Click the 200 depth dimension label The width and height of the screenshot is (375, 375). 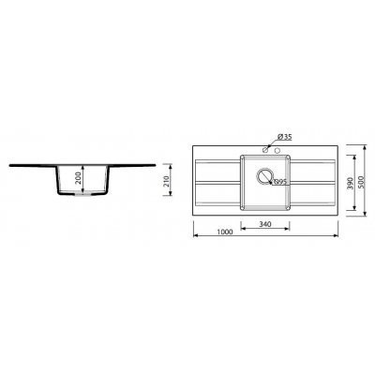tap(79, 178)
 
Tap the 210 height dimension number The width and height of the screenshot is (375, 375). tap(166, 181)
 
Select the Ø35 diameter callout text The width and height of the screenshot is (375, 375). tap(284, 137)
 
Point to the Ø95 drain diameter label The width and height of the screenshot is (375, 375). tap(280, 182)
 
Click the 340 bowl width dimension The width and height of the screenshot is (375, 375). tap(265, 224)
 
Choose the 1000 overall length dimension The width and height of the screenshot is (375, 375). tap(225, 232)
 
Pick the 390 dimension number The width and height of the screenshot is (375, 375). tap(350, 183)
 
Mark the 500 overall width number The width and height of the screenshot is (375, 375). tap(361, 182)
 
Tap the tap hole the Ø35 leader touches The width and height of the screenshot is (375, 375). tap(265, 150)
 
